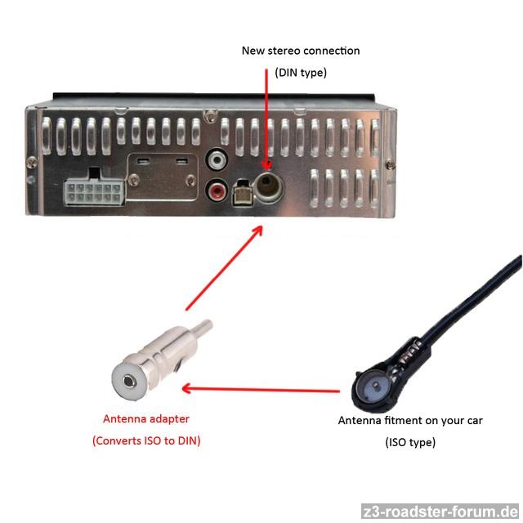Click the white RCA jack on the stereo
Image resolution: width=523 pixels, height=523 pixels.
click(217, 160)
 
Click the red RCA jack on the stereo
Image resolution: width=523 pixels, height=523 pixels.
click(217, 190)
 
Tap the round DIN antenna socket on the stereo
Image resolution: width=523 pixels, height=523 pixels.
click(268, 187)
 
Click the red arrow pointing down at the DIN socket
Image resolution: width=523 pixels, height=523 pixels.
click(266, 119)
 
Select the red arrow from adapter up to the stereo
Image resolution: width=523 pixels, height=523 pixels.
click(224, 268)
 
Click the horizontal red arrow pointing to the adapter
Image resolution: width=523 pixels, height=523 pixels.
click(261, 389)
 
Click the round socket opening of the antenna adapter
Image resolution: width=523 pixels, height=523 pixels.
click(129, 381)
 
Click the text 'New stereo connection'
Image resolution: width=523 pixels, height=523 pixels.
click(301, 51)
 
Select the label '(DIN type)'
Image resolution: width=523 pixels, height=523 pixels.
click(301, 73)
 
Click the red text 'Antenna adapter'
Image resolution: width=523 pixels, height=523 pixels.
click(146, 418)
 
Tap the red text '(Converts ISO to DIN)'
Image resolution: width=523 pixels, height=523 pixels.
click(146, 440)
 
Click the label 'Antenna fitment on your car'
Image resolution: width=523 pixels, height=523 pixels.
click(410, 420)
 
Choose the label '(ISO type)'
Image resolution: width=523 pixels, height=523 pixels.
click(410, 442)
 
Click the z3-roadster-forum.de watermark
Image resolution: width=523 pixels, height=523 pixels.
click(441, 512)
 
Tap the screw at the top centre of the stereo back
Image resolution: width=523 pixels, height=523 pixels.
click(210, 115)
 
